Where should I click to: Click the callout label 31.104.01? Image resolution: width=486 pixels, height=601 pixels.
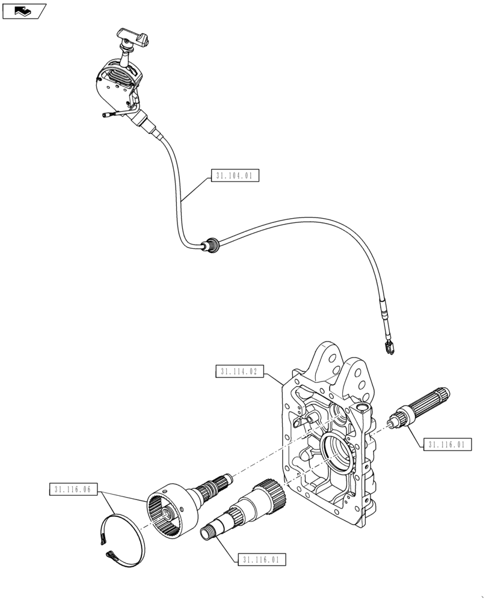(x=235, y=176)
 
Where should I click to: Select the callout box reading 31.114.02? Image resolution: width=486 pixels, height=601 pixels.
(x=238, y=371)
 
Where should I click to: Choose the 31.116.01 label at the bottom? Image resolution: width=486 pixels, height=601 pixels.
(x=261, y=560)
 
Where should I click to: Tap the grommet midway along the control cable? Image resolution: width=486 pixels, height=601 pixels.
(x=211, y=245)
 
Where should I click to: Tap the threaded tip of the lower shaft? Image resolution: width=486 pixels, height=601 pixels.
(x=212, y=530)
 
